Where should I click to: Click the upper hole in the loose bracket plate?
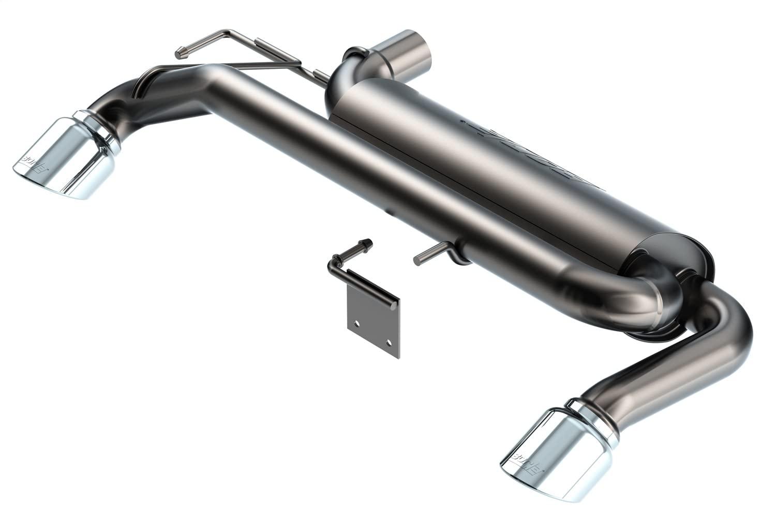(x=356, y=324)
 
